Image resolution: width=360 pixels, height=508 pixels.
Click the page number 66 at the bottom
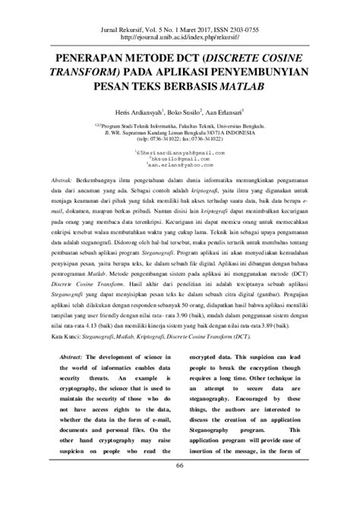coord(180,485)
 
